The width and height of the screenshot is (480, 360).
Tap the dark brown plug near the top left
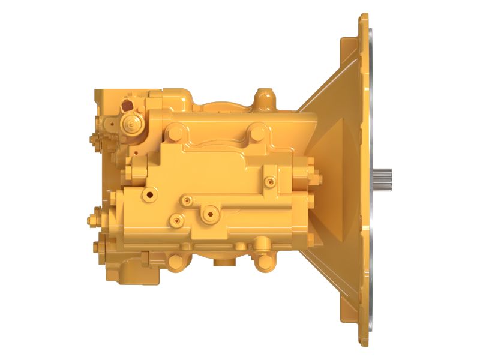coord(127,106)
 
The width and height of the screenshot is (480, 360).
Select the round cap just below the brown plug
coord(130,124)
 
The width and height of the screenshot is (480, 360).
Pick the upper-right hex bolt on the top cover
coord(256,132)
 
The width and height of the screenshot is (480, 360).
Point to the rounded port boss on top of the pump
coord(262,98)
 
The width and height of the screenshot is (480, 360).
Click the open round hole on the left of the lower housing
coord(146,195)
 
